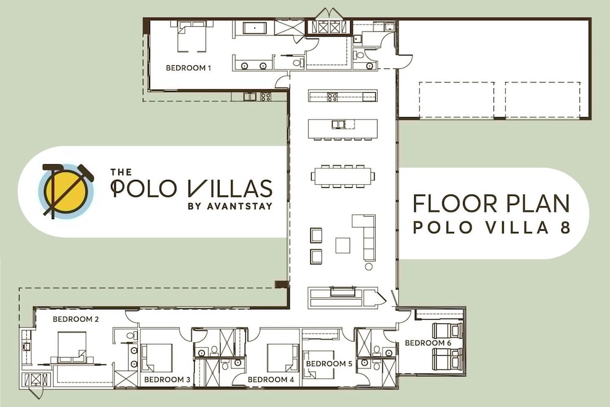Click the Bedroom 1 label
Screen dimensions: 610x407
pos(188,68)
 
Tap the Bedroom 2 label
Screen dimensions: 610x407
pos(76,320)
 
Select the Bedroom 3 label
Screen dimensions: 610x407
pos(167,380)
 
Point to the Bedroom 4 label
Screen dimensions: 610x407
pos(271,380)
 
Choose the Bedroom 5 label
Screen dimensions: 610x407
pos(329,364)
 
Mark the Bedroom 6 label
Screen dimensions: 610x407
pos(428,343)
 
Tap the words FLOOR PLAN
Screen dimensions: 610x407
pos(491,204)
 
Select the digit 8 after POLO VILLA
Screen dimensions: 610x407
pos(565,227)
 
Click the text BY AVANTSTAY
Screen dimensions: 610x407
pos(230,206)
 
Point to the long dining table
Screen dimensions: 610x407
pos(343,176)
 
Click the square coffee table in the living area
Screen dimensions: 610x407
pos(343,245)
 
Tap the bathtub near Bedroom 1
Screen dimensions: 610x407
pos(254,29)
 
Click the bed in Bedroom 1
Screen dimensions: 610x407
pos(192,36)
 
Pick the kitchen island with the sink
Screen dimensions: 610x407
pos(343,129)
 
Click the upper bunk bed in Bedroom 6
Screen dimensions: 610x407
pos(447,330)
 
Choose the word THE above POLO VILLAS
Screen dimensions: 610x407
pos(121,172)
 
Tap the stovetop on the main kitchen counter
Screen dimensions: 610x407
pos(332,96)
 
